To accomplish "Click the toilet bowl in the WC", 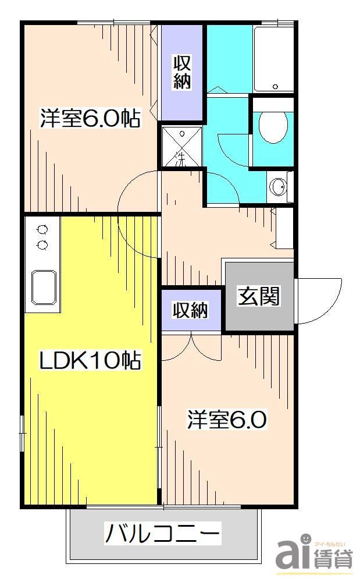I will [273, 126].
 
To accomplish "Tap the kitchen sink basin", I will [45, 287].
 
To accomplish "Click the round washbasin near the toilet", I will [278, 187].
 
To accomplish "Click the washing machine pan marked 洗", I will [180, 147].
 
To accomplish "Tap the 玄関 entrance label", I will [258, 296].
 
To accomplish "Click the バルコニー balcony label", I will [163, 533].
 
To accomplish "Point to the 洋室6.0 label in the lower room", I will [226, 420].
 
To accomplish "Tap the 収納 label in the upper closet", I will [182, 72].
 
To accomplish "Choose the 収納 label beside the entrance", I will [191, 310].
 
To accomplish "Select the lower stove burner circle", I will [42, 245].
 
